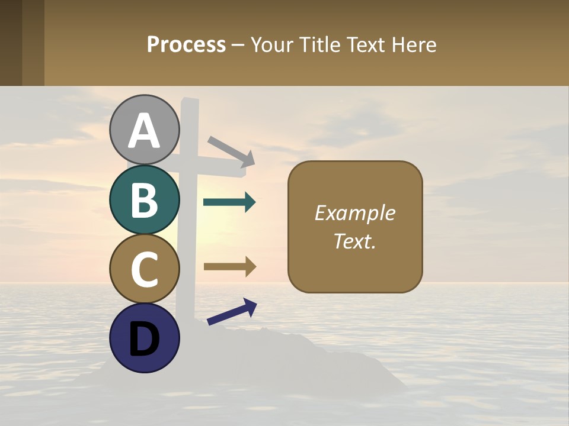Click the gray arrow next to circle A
pyautogui.click(x=231, y=151)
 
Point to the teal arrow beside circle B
pyautogui.click(x=229, y=202)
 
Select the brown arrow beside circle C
pyautogui.click(x=229, y=266)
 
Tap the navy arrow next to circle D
pyautogui.click(x=232, y=312)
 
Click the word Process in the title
pyautogui.click(x=186, y=45)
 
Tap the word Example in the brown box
pyautogui.click(x=355, y=213)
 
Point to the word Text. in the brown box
pyautogui.click(x=355, y=241)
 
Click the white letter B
pyautogui.click(x=145, y=200)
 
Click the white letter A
pyautogui.click(x=145, y=131)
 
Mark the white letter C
pyautogui.click(x=145, y=269)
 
